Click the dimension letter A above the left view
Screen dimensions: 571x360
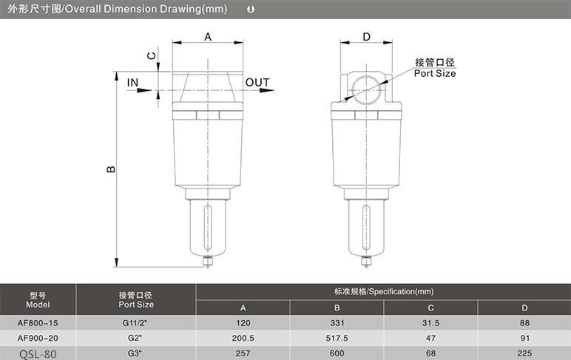pyautogui.click(x=208, y=37)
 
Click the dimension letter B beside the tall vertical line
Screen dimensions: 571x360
pyautogui.click(x=111, y=169)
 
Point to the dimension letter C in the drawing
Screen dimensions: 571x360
pyautogui.click(x=152, y=55)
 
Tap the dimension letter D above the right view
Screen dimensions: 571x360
pyautogui.click(x=366, y=37)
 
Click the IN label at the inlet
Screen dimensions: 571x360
pyautogui.click(x=132, y=83)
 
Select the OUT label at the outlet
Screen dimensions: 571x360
pyautogui.click(x=257, y=83)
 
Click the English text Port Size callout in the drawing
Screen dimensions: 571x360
pyautogui.click(x=435, y=73)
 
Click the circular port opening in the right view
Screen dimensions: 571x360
pyautogui.click(x=366, y=90)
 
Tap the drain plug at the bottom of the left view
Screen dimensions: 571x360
pyautogui.click(x=208, y=262)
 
